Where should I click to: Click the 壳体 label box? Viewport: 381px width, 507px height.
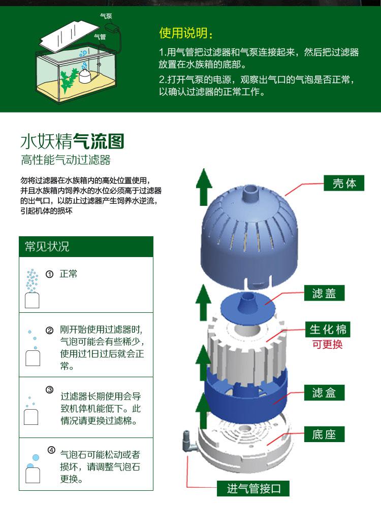pos(344,183)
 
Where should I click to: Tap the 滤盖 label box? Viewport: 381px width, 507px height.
pos(324,293)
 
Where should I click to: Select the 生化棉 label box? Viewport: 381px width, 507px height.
pos(328,330)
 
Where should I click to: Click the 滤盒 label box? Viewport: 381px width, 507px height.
pos(324,392)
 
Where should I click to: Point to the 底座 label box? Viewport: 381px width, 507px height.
pos(324,434)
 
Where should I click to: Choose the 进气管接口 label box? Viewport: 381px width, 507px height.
pos(253,488)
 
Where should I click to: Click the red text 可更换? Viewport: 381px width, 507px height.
pos(327,344)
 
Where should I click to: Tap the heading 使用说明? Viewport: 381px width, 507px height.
pos(186,33)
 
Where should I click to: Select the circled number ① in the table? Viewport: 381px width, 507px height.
pos(50,274)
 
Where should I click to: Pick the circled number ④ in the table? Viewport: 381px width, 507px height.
pos(51,450)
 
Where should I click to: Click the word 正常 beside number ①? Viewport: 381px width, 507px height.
pos(69,274)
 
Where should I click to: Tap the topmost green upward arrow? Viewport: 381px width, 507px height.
pos(204,187)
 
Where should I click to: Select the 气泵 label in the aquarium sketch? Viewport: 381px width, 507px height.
pos(106,16)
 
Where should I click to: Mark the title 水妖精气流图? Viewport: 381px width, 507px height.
pos(72,141)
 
